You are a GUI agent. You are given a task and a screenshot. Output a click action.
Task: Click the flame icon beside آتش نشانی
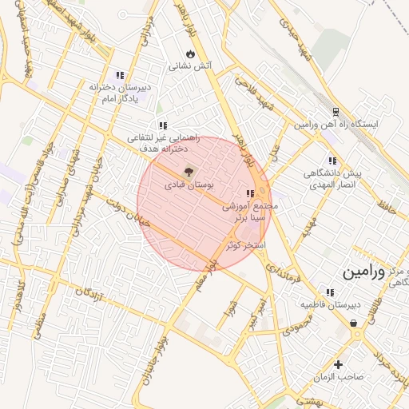pos(190,52)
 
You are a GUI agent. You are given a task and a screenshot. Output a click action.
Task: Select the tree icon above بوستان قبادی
pos(189,170)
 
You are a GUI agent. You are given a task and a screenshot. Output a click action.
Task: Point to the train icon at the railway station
pos(336,112)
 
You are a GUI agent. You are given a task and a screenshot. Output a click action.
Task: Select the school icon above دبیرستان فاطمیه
pos(330,292)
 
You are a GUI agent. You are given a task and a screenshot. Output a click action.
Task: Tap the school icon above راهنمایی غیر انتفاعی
pos(163,125)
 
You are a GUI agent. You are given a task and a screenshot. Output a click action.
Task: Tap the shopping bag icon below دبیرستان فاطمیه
pos(354,323)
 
